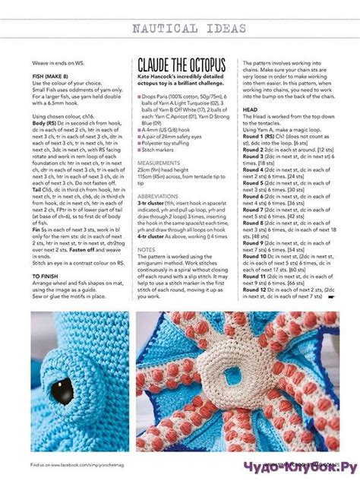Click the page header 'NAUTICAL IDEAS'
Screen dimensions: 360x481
[x=189, y=30]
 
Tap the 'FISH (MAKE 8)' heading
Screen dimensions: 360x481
[x=49, y=77]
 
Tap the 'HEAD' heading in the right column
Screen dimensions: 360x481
[x=250, y=109]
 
